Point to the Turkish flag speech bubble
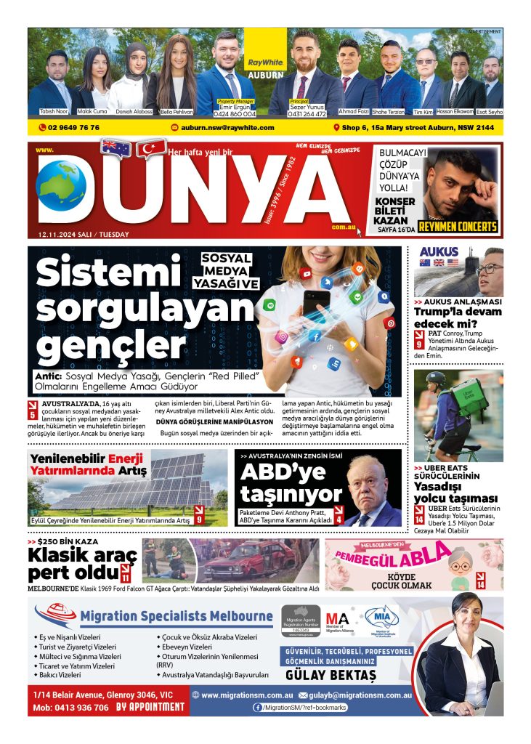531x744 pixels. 152,150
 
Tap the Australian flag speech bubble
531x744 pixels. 115,148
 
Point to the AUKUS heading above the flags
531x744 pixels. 439,252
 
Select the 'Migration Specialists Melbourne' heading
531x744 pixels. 177,616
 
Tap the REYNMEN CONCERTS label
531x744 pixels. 462,226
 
